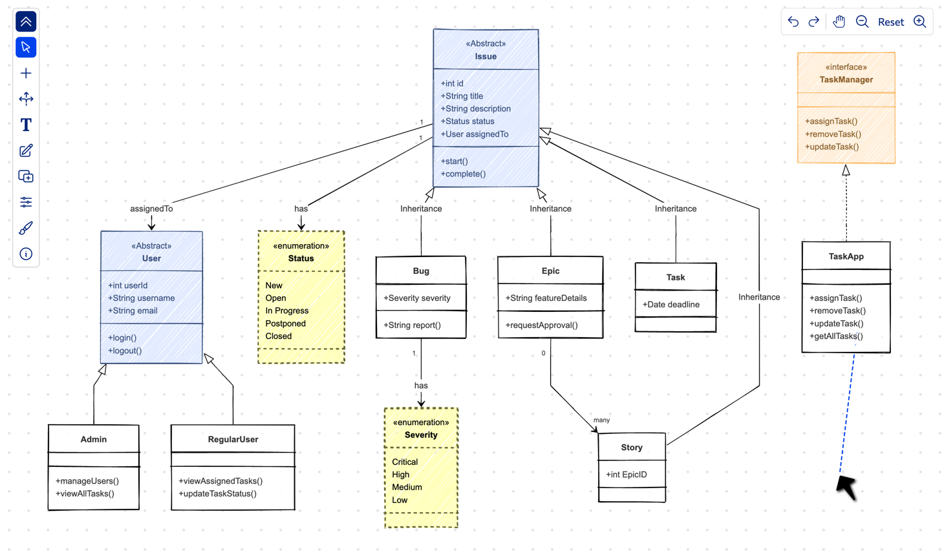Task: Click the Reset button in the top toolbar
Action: pos(890,22)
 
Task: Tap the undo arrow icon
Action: pos(793,22)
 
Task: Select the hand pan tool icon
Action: pos(839,22)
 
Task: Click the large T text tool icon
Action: pos(26,125)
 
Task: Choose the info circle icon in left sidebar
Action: pos(26,254)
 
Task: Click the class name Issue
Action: pos(486,57)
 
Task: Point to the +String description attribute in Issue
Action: pos(476,108)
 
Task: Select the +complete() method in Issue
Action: pos(463,174)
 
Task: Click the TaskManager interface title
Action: pos(846,80)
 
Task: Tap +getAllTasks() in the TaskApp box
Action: pos(836,336)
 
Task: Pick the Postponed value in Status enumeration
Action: pos(285,324)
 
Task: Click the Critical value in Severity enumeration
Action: pos(405,462)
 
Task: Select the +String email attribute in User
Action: pos(133,311)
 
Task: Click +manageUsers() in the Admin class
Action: pos(87,481)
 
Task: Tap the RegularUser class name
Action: pos(233,439)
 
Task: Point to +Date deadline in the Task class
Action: pos(671,304)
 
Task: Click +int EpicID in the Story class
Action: pos(626,475)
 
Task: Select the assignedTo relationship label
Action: pos(151,209)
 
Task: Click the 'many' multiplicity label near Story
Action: pos(601,420)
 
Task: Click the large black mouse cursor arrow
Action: pos(846,487)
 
